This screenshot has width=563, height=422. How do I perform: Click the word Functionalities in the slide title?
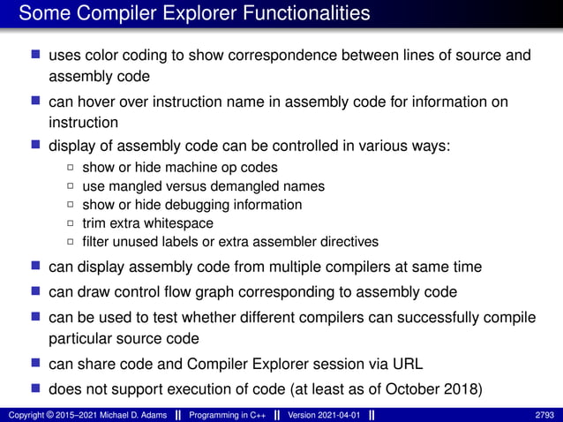295,13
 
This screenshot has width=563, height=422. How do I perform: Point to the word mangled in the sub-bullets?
140,186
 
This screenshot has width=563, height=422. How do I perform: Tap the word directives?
347,242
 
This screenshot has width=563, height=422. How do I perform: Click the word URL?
410,363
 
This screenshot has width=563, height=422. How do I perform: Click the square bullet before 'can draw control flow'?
35,290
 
